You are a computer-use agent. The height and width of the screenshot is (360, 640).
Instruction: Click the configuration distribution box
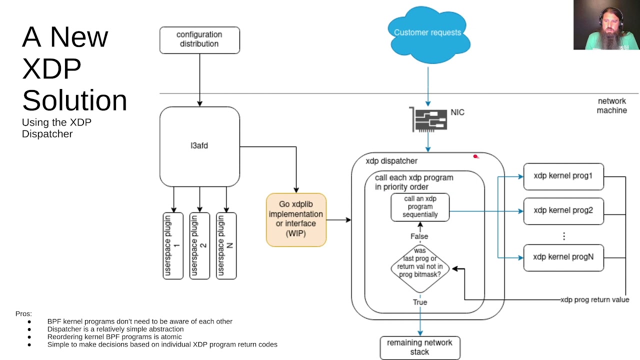(x=199, y=39)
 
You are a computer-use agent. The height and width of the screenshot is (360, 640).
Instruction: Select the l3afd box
(x=199, y=146)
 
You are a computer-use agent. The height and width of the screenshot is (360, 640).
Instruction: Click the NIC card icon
(x=428, y=119)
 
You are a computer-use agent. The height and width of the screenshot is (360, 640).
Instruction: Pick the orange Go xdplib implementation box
(x=296, y=220)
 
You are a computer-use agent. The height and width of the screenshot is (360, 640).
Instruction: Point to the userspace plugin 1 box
(x=173, y=245)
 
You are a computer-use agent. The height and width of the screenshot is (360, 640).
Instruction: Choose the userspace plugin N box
(x=226, y=245)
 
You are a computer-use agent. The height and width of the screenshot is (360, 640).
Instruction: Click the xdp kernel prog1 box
(x=563, y=176)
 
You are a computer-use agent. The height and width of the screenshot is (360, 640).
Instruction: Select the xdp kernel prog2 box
(x=563, y=210)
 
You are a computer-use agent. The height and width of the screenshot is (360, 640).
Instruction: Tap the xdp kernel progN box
(x=563, y=257)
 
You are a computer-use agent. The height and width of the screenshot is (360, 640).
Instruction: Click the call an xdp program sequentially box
(x=420, y=207)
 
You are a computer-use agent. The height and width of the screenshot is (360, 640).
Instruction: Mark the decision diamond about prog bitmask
(x=420, y=267)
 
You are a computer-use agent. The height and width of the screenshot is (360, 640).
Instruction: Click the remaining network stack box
(x=419, y=347)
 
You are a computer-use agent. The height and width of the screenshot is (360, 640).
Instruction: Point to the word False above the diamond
(x=419, y=236)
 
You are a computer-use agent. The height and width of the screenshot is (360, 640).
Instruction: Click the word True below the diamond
(x=419, y=302)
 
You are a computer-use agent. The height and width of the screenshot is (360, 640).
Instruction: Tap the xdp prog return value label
(x=594, y=300)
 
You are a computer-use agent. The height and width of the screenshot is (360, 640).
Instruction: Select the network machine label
(x=611, y=105)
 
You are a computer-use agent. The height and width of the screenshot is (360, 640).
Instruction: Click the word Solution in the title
(x=74, y=100)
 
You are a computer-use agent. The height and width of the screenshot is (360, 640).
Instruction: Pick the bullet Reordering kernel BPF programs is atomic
(x=114, y=336)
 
